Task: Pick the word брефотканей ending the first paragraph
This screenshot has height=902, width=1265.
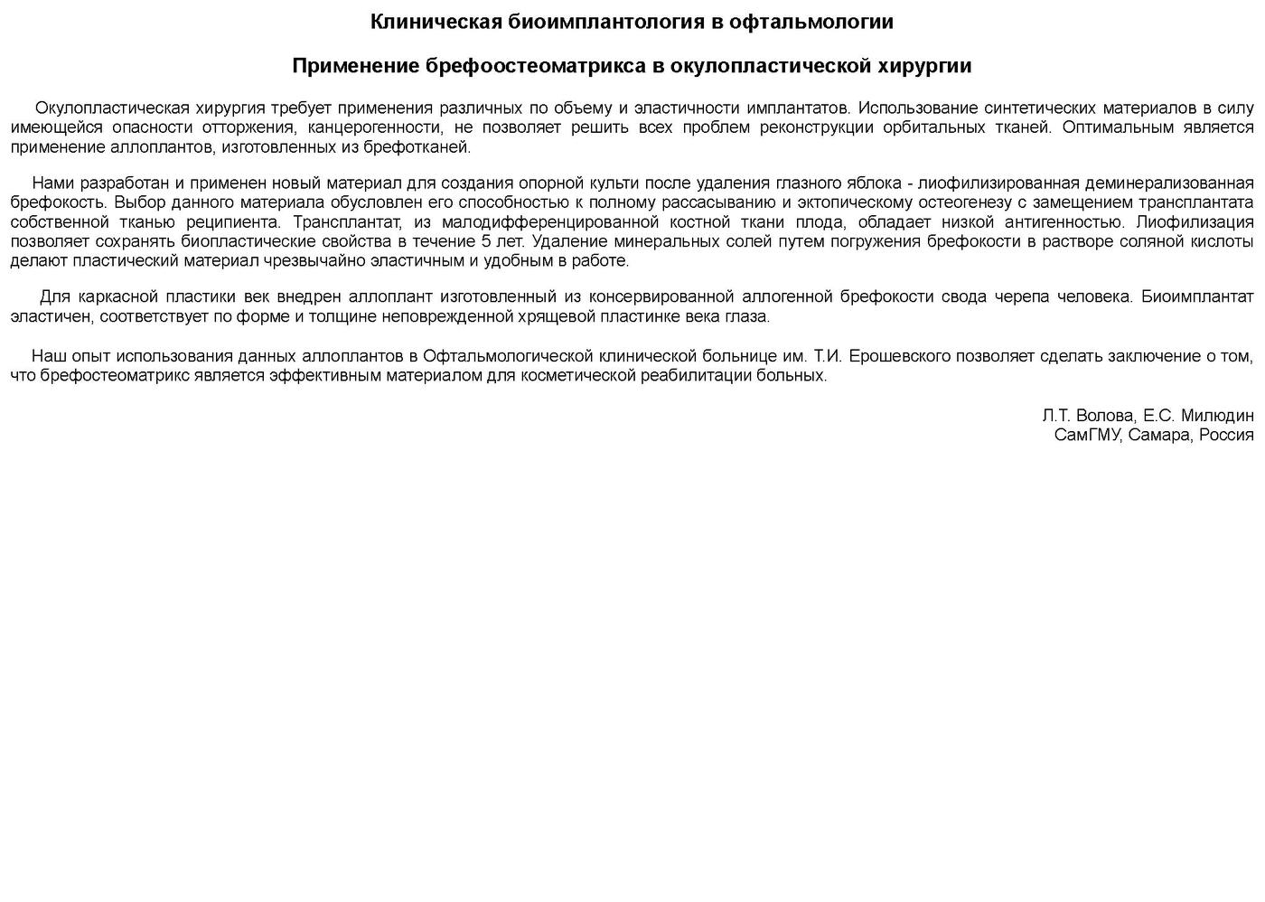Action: [x=424, y=147]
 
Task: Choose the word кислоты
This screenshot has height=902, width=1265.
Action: [x=1221, y=241]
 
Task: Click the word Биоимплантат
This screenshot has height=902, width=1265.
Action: [x=1197, y=296]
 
